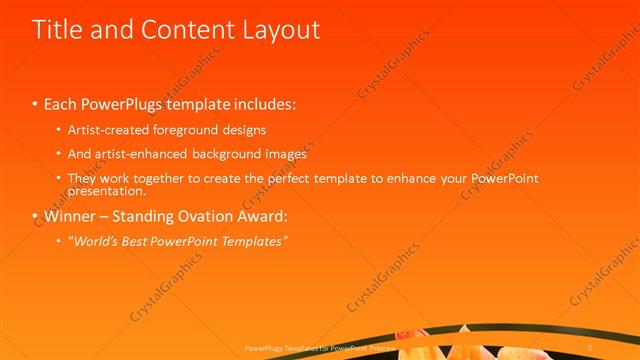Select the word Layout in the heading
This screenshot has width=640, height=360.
[279, 30]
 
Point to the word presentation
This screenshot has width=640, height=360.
[105, 190]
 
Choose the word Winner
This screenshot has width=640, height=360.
[70, 215]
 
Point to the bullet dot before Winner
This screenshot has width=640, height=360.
[36, 216]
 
